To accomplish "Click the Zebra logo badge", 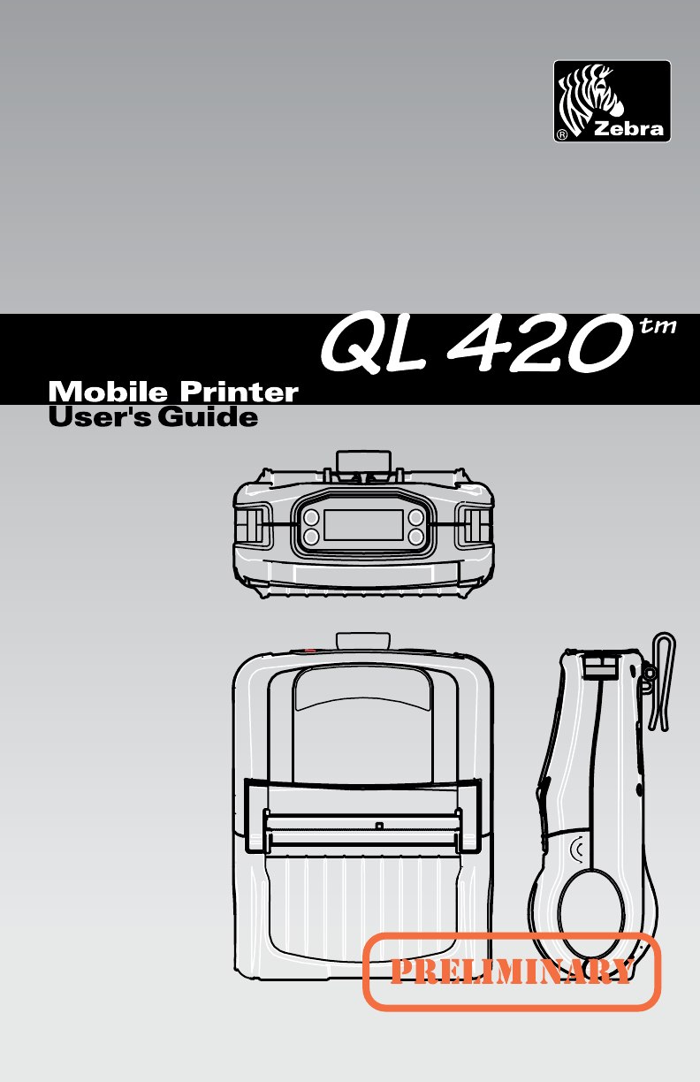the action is coord(612,101).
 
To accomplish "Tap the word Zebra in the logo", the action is coord(628,129).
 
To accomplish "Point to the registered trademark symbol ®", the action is coord(562,135).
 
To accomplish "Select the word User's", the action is coord(98,416).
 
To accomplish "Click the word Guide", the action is coord(209,416).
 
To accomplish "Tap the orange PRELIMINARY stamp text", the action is coord(513,972).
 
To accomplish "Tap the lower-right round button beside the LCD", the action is coord(416,536).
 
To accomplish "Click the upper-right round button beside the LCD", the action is coord(416,517).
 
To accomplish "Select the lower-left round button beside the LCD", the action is coord(310,536).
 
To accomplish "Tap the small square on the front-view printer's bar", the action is coord(379,827).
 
